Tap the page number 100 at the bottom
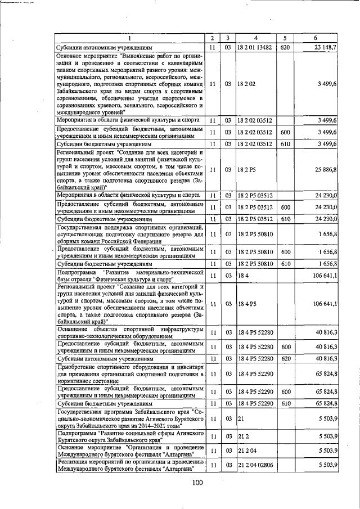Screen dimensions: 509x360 [x=196, y=482]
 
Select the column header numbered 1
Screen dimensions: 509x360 [x=129, y=38]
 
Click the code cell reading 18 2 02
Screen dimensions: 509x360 [x=246, y=84]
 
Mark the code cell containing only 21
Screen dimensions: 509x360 [x=241, y=419]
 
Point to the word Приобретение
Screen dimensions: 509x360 [x=79, y=367]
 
